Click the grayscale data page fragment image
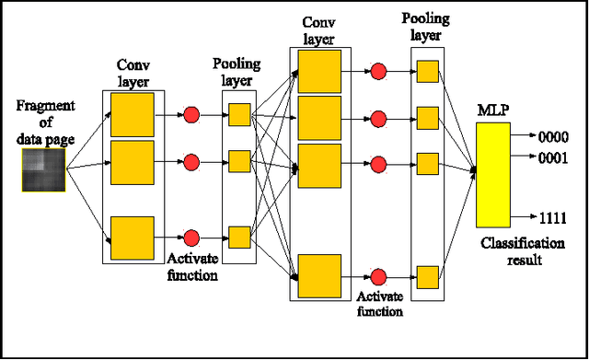42,172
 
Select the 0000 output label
552,136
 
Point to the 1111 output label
552,218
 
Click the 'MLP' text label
493,112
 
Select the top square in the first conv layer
132,115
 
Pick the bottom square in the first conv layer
132,237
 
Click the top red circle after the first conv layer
191,115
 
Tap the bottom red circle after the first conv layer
191,237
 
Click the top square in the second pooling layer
426,72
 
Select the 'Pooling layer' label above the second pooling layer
426,26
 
